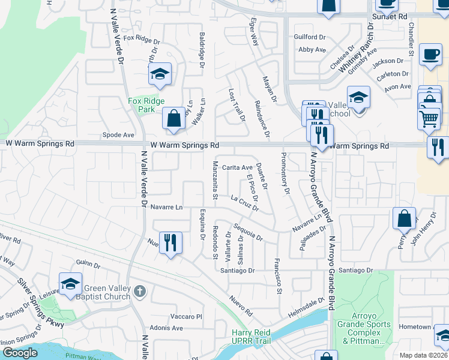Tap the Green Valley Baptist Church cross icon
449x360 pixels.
(139, 292)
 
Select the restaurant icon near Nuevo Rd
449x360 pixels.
(171, 243)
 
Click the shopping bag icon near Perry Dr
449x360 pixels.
(405, 217)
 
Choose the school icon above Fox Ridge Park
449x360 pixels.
(160, 74)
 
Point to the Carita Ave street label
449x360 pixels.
(238, 167)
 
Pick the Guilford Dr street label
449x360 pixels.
(309, 37)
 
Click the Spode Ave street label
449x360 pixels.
(118, 135)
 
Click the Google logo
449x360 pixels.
(20, 353)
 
